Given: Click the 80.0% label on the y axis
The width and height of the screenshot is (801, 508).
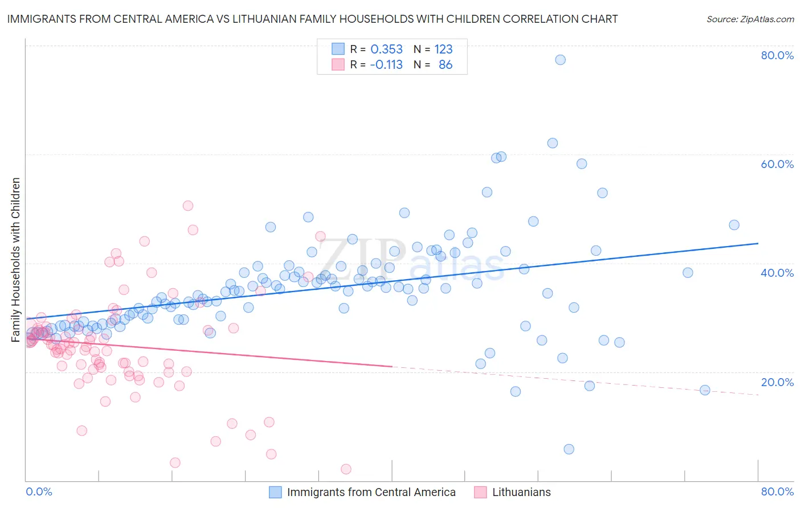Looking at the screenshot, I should [x=777, y=55].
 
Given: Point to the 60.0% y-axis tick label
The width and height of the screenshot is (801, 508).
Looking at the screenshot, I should [x=777, y=164].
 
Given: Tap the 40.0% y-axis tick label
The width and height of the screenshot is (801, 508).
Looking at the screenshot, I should [x=777, y=273].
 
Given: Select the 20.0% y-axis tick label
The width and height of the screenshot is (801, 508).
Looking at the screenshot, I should [x=777, y=382].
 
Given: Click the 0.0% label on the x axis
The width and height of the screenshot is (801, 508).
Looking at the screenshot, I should [x=39, y=491].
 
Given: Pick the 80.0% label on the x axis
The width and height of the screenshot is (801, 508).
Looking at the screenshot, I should [x=777, y=491].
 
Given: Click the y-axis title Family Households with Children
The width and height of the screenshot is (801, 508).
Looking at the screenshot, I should [x=15, y=260].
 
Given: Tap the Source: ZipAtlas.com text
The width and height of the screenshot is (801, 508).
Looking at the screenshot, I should [x=750, y=19].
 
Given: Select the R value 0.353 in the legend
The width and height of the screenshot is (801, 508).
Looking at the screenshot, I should [x=386, y=50].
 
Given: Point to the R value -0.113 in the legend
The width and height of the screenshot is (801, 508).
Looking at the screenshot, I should [x=386, y=65].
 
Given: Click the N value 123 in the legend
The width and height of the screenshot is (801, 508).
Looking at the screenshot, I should [x=443, y=50].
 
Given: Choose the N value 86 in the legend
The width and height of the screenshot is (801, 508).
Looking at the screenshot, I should [x=446, y=65].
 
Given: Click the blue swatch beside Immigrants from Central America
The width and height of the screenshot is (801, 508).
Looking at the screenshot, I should [x=275, y=492].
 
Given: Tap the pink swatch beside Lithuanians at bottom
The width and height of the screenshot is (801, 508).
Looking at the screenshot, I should [x=480, y=492].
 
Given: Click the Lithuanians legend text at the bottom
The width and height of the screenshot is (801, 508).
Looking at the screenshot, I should [x=521, y=492].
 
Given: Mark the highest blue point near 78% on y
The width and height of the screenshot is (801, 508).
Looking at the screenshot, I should [x=560, y=60].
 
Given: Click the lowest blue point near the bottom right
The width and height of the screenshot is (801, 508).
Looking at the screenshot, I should [x=569, y=449].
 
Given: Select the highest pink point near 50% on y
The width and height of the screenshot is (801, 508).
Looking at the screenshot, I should [x=187, y=206].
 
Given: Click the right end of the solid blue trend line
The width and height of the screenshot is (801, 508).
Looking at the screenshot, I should [x=758, y=243].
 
